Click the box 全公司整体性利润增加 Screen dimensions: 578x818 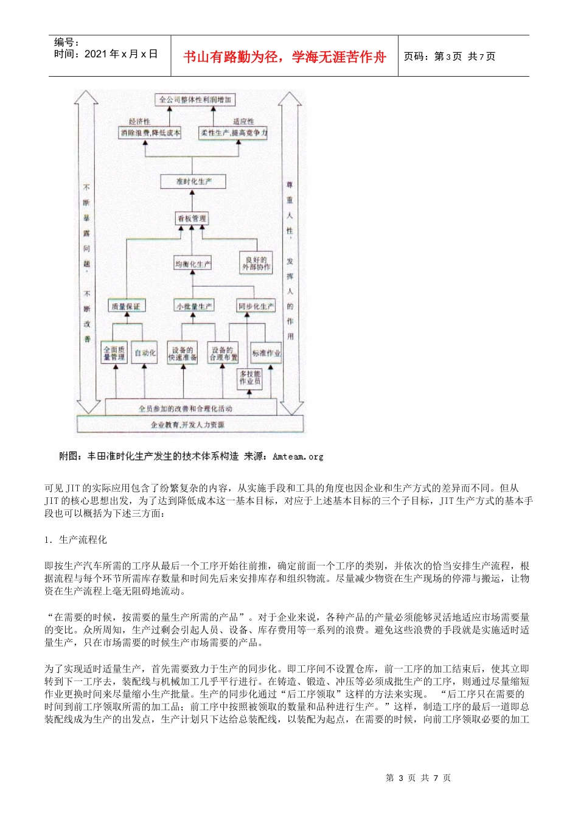tap(195, 100)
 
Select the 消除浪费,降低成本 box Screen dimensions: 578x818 tap(150, 133)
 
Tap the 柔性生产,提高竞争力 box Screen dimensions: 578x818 tap(234, 133)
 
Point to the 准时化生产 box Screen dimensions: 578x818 tap(194, 181)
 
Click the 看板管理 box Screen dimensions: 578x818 tap(192, 218)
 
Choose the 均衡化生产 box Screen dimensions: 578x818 tap(193, 264)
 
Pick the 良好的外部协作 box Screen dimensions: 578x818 tap(256, 264)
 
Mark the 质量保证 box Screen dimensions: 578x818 tap(126, 307)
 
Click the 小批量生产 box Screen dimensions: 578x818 tap(194, 307)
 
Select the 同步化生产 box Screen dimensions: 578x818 tap(256, 307)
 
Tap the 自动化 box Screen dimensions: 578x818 tap(145, 353)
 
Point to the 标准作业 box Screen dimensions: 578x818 tap(266, 353)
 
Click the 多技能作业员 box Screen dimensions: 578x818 tap(250, 378)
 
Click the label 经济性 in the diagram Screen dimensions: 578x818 tap(139, 122)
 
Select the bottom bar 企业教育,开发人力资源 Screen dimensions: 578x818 tap(188, 425)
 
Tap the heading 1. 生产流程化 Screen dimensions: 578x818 tap(76, 540)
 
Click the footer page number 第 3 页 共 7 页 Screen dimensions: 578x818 tap(418, 778)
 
